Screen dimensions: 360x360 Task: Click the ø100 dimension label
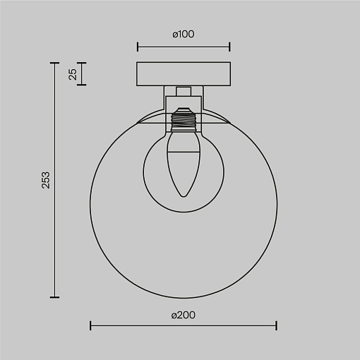click(x=184, y=34)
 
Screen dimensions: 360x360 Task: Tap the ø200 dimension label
click(x=184, y=315)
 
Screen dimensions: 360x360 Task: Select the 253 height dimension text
click(x=46, y=180)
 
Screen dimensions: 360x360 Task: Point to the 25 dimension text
click(x=73, y=74)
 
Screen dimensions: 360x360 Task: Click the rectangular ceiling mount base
click(x=184, y=74)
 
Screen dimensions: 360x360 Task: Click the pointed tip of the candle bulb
click(x=184, y=196)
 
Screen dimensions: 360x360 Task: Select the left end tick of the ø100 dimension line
click(x=138, y=47)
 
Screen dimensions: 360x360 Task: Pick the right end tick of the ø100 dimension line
click(x=229, y=47)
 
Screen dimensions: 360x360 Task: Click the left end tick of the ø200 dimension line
click(x=90, y=325)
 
